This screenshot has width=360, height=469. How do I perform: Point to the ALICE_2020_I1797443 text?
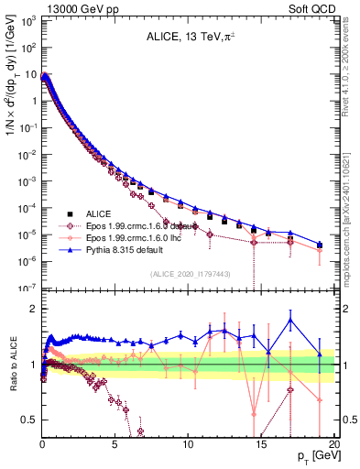pyautogui.click(x=188, y=273)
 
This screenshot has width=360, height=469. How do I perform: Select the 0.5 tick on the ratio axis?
pyautogui.click(x=27, y=420)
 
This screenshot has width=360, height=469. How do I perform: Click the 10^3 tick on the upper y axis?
pyautogui.click(x=27, y=20)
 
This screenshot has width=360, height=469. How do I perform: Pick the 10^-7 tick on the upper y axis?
pyautogui.click(x=27, y=288)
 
